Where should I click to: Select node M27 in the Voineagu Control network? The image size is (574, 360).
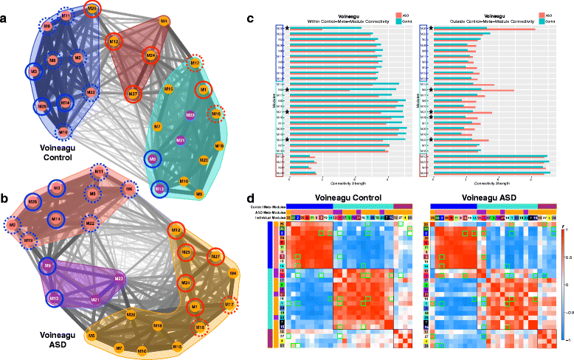coord(133,94)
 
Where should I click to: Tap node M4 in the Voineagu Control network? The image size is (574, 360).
coord(164,21)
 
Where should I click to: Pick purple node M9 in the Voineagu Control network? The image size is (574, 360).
coord(153,159)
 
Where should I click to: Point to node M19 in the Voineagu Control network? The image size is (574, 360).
coord(63,132)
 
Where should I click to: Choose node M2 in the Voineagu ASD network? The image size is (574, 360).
coord(13,225)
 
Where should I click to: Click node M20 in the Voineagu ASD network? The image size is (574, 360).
coord(130,315)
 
